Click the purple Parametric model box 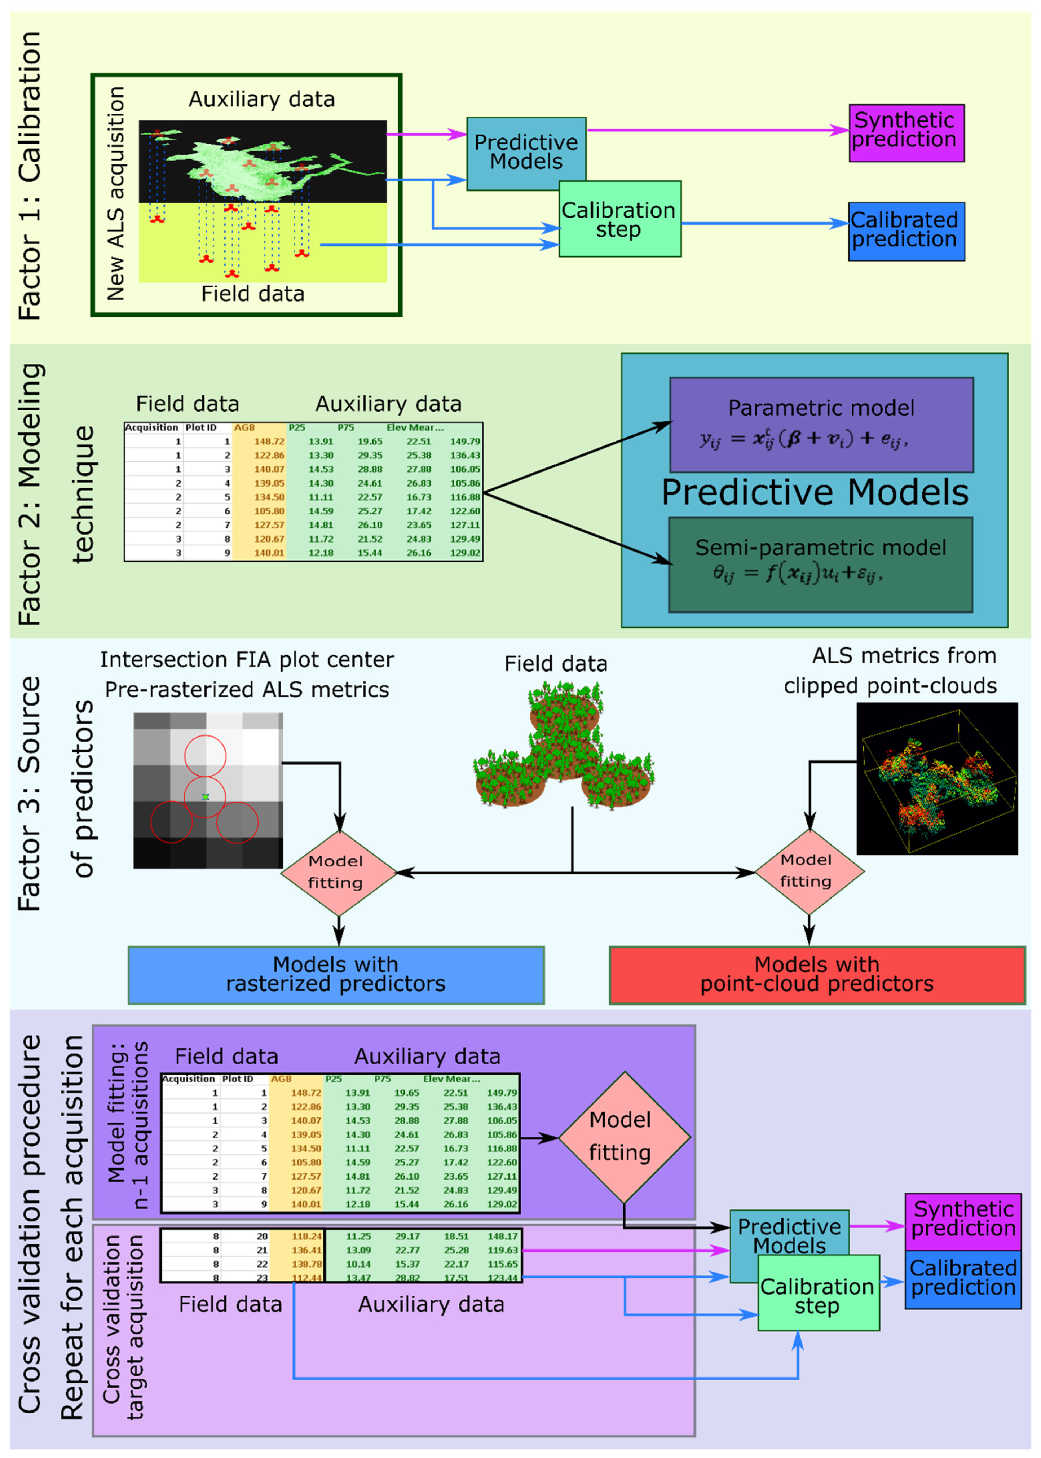(821, 425)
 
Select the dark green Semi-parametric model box (820, 564)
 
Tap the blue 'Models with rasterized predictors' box (336, 975)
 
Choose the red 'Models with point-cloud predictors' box (817, 975)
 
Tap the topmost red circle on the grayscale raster (205, 755)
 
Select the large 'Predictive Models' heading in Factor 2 (815, 492)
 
